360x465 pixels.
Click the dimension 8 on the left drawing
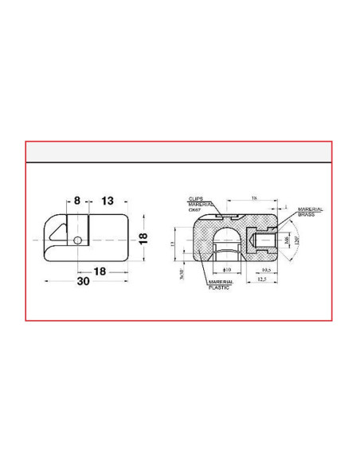point(77,201)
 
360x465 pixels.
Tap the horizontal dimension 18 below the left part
point(100,272)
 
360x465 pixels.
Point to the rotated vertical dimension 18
point(144,239)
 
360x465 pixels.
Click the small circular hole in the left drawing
point(76,240)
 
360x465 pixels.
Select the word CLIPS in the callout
point(197,198)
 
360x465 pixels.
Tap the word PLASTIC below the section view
point(218,287)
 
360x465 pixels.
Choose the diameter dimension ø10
point(226,270)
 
